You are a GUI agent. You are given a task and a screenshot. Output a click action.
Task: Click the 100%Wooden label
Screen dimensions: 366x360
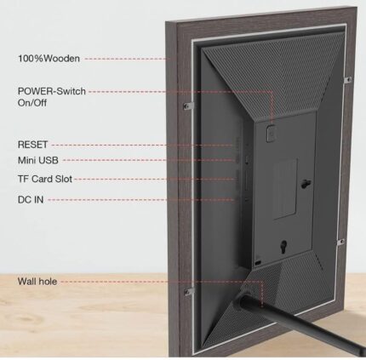pyautogui.click(x=49, y=59)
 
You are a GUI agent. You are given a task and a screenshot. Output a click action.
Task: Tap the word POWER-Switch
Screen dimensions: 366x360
pyautogui.click(x=52, y=91)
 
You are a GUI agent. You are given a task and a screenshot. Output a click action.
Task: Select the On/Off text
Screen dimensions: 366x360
pyautogui.click(x=32, y=103)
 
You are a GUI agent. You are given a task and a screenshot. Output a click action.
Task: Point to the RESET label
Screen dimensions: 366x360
pyautogui.click(x=32, y=145)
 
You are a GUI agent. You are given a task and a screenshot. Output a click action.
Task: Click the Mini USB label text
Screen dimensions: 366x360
pyautogui.click(x=38, y=160)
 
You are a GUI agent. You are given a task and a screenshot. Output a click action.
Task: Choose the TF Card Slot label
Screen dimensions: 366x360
pyautogui.click(x=45, y=179)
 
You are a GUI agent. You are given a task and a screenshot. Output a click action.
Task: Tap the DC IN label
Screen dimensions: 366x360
pyautogui.click(x=31, y=200)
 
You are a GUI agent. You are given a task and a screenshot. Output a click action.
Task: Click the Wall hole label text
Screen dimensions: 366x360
pyautogui.click(x=37, y=282)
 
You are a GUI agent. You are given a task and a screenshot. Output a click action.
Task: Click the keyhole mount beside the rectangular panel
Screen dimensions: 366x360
pyautogui.click(x=306, y=183)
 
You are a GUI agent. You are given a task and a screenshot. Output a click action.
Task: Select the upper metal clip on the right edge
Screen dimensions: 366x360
pyautogui.click(x=347, y=80)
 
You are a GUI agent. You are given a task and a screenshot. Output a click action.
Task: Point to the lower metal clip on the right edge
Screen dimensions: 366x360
pyautogui.click(x=340, y=242)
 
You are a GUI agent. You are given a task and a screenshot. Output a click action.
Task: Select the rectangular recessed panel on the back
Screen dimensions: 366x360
pyautogui.click(x=285, y=189)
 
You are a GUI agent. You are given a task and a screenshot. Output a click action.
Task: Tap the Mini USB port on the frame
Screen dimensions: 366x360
pyautogui.click(x=247, y=160)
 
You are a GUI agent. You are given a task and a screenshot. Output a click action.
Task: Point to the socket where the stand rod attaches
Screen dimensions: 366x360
pyautogui.click(x=243, y=299)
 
